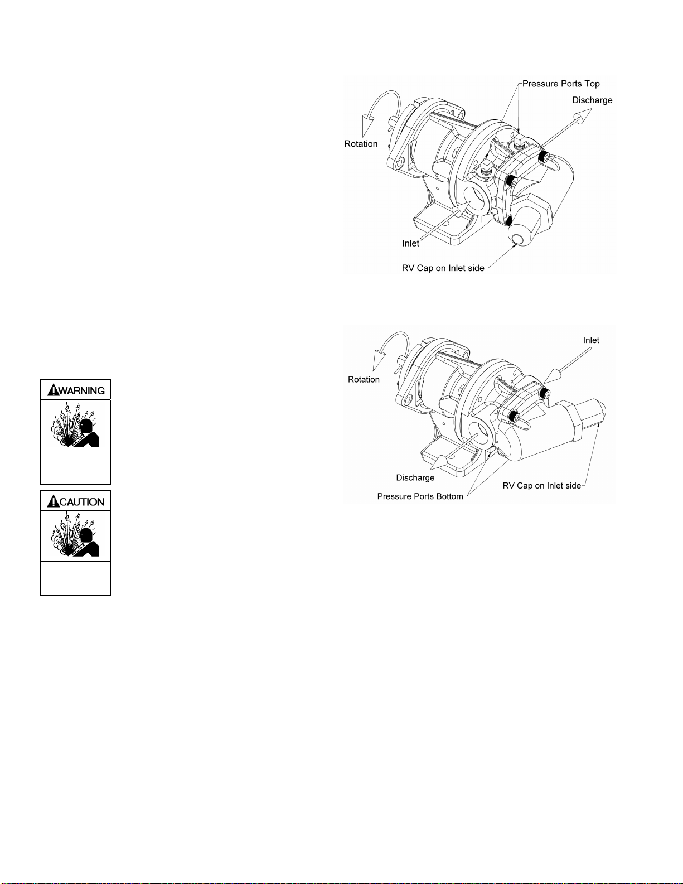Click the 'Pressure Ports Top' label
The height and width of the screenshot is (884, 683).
click(x=561, y=84)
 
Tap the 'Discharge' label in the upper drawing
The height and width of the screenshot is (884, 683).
click(x=592, y=100)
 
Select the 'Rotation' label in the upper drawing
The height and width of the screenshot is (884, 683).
click(x=361, y=144)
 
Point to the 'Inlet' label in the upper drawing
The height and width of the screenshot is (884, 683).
click(x=410, y=243)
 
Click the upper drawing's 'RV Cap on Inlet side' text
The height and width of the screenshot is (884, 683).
click(x=443, y=268)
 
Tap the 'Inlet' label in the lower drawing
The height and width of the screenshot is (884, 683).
click(x=591, y=340)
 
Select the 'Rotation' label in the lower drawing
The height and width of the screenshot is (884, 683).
click(x=364, y=380)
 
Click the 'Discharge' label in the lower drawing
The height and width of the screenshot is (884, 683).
click(x=415, y=477)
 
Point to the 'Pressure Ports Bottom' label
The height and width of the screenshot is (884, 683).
click(x=420, y=496)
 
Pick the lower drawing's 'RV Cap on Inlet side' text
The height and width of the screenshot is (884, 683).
click(x=542, y=486)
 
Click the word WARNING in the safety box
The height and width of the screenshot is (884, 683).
click(x=82, y=390)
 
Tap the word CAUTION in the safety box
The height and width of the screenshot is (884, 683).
click(x=82, y=502)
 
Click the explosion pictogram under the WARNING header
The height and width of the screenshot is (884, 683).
click(x=75, y=425)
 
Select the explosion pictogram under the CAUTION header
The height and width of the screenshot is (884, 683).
click(x=75, y=536)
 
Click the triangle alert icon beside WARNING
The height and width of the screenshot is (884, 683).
click(x=54, y=390)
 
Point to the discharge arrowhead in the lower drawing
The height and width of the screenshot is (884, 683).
click(x=440, y=462)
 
